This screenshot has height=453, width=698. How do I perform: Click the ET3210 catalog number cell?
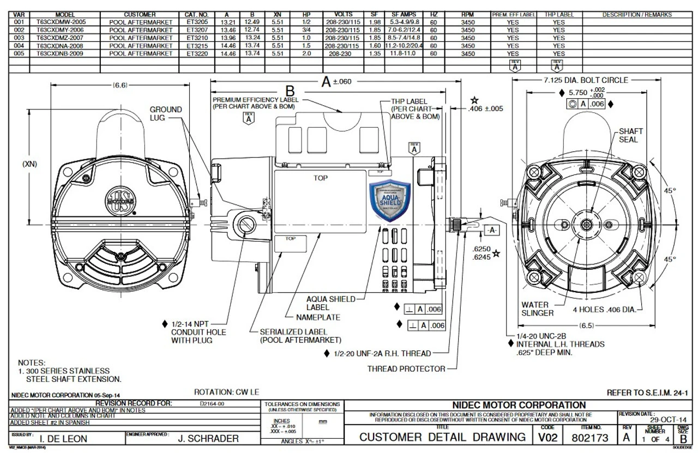pyautogui.click(x=197, y=38)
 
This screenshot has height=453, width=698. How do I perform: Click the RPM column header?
pyautogui.click(x=467, y=14)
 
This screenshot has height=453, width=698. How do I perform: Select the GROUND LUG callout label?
pyautogui.click(x=166, y=113)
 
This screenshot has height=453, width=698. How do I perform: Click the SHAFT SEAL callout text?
pyautogui.click(x=631, y=135)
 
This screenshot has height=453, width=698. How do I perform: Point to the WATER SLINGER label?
pyautogui.click(x=537, y=309)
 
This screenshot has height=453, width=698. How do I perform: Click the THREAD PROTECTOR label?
pyautogui.click(x=406, y=369)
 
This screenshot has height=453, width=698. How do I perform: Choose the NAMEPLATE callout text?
pyautogui.click(x=318, y=317)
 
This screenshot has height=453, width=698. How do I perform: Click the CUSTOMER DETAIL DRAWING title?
pyautogui.click(x=442, y=437)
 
